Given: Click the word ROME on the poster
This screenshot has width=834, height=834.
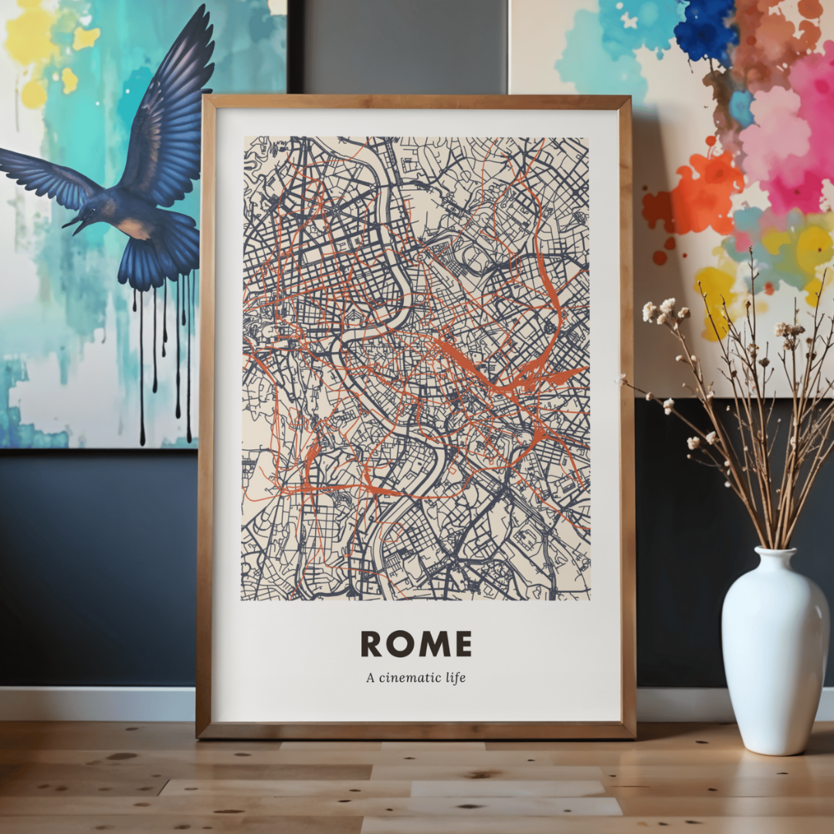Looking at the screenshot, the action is coord(415,643).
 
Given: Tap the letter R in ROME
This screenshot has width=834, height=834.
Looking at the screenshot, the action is coord(371,643).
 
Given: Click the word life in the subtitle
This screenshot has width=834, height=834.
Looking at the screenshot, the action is coord(456,678).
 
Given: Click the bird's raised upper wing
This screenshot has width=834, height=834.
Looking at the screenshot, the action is coord(174,116).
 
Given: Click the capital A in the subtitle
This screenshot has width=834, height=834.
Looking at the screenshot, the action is coord(371,678).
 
